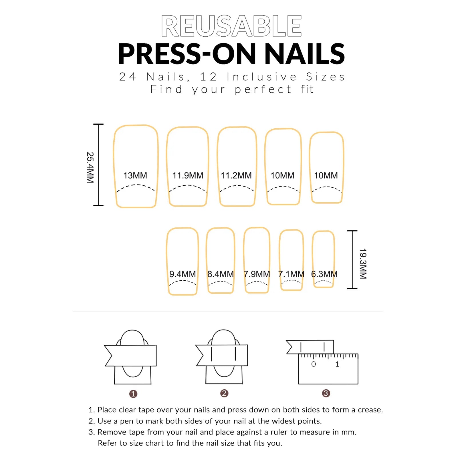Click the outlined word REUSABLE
231,26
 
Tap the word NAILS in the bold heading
305,54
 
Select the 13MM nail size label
135,175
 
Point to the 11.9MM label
188,175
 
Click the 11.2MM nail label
236,175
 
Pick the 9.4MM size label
183,274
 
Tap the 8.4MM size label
221,274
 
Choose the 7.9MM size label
257,274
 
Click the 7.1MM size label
291,274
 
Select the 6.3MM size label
324,274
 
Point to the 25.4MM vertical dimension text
90,167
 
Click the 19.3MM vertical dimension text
363,263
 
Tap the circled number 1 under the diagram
133,394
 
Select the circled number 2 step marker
224,393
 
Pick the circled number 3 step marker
326,393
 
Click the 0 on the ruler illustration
314,364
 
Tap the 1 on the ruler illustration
337,364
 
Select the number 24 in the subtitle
128,77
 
